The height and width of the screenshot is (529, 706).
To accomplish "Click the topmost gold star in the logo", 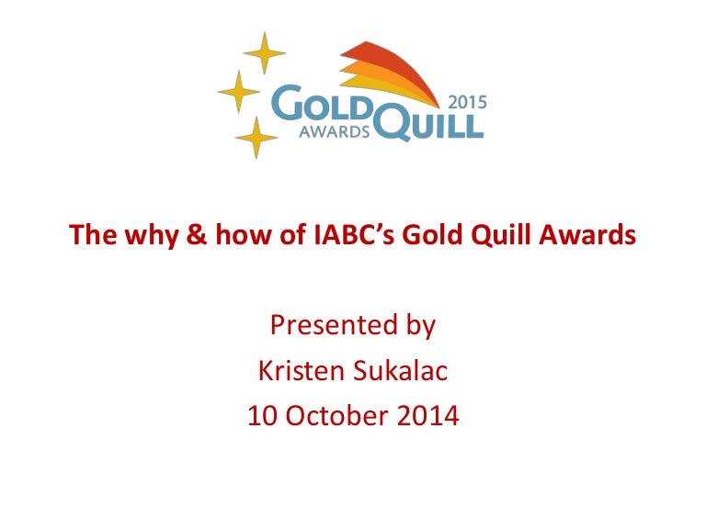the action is (x=265, y=53).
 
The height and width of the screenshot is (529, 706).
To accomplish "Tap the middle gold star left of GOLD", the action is (x=239, y=92).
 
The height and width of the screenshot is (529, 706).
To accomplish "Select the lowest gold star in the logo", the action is (x=256, y=138).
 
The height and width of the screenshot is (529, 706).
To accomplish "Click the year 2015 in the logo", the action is (x=468, y=103).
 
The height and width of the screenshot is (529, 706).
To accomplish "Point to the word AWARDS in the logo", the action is (x=335, y=131).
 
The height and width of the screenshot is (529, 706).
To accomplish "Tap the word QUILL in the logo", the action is (x=428, y=122).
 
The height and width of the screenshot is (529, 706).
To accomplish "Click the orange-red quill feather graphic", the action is (x=390, y=72).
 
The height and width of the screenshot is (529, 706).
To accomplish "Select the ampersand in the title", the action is (x=197, y=234).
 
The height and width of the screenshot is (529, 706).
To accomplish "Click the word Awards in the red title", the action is (x=587, y=234).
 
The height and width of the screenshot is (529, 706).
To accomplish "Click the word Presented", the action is (x=334, y=325).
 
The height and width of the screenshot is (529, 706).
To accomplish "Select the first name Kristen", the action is (x=302, y=371).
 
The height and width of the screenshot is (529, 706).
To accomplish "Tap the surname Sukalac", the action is (x=400, y=371).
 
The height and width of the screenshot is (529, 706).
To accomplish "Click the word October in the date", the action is (x=336, y=415).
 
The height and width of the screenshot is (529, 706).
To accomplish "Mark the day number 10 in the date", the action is (x=262, y=416).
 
